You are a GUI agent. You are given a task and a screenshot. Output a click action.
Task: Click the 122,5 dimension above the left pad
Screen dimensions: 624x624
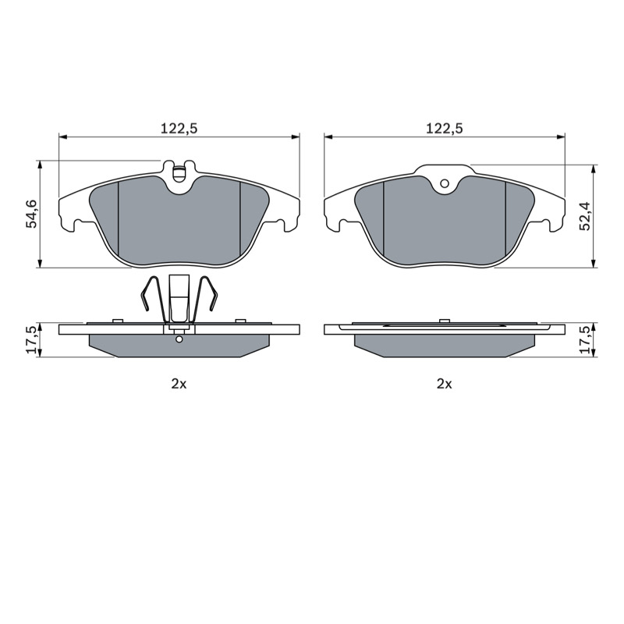coord(179,129)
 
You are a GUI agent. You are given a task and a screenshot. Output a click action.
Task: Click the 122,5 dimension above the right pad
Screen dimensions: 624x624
coord(445,129)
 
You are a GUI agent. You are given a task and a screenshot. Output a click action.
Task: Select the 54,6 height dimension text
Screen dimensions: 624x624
coord(31,214)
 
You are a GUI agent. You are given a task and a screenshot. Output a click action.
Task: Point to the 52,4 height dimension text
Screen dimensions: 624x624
coord(585,216)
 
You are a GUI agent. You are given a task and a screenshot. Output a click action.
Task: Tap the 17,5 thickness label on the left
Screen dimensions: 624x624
coord(31,339)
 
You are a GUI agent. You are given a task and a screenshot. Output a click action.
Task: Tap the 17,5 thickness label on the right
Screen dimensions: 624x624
coord(585,339)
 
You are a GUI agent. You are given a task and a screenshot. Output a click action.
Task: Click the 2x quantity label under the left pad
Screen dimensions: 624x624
coord(179,384)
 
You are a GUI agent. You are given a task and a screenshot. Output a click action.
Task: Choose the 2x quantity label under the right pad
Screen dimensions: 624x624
coord(445,384)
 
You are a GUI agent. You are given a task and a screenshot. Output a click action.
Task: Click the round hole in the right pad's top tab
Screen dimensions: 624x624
coord(445,183)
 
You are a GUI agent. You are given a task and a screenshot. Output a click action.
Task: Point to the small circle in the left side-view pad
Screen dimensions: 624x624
coord(179,339)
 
